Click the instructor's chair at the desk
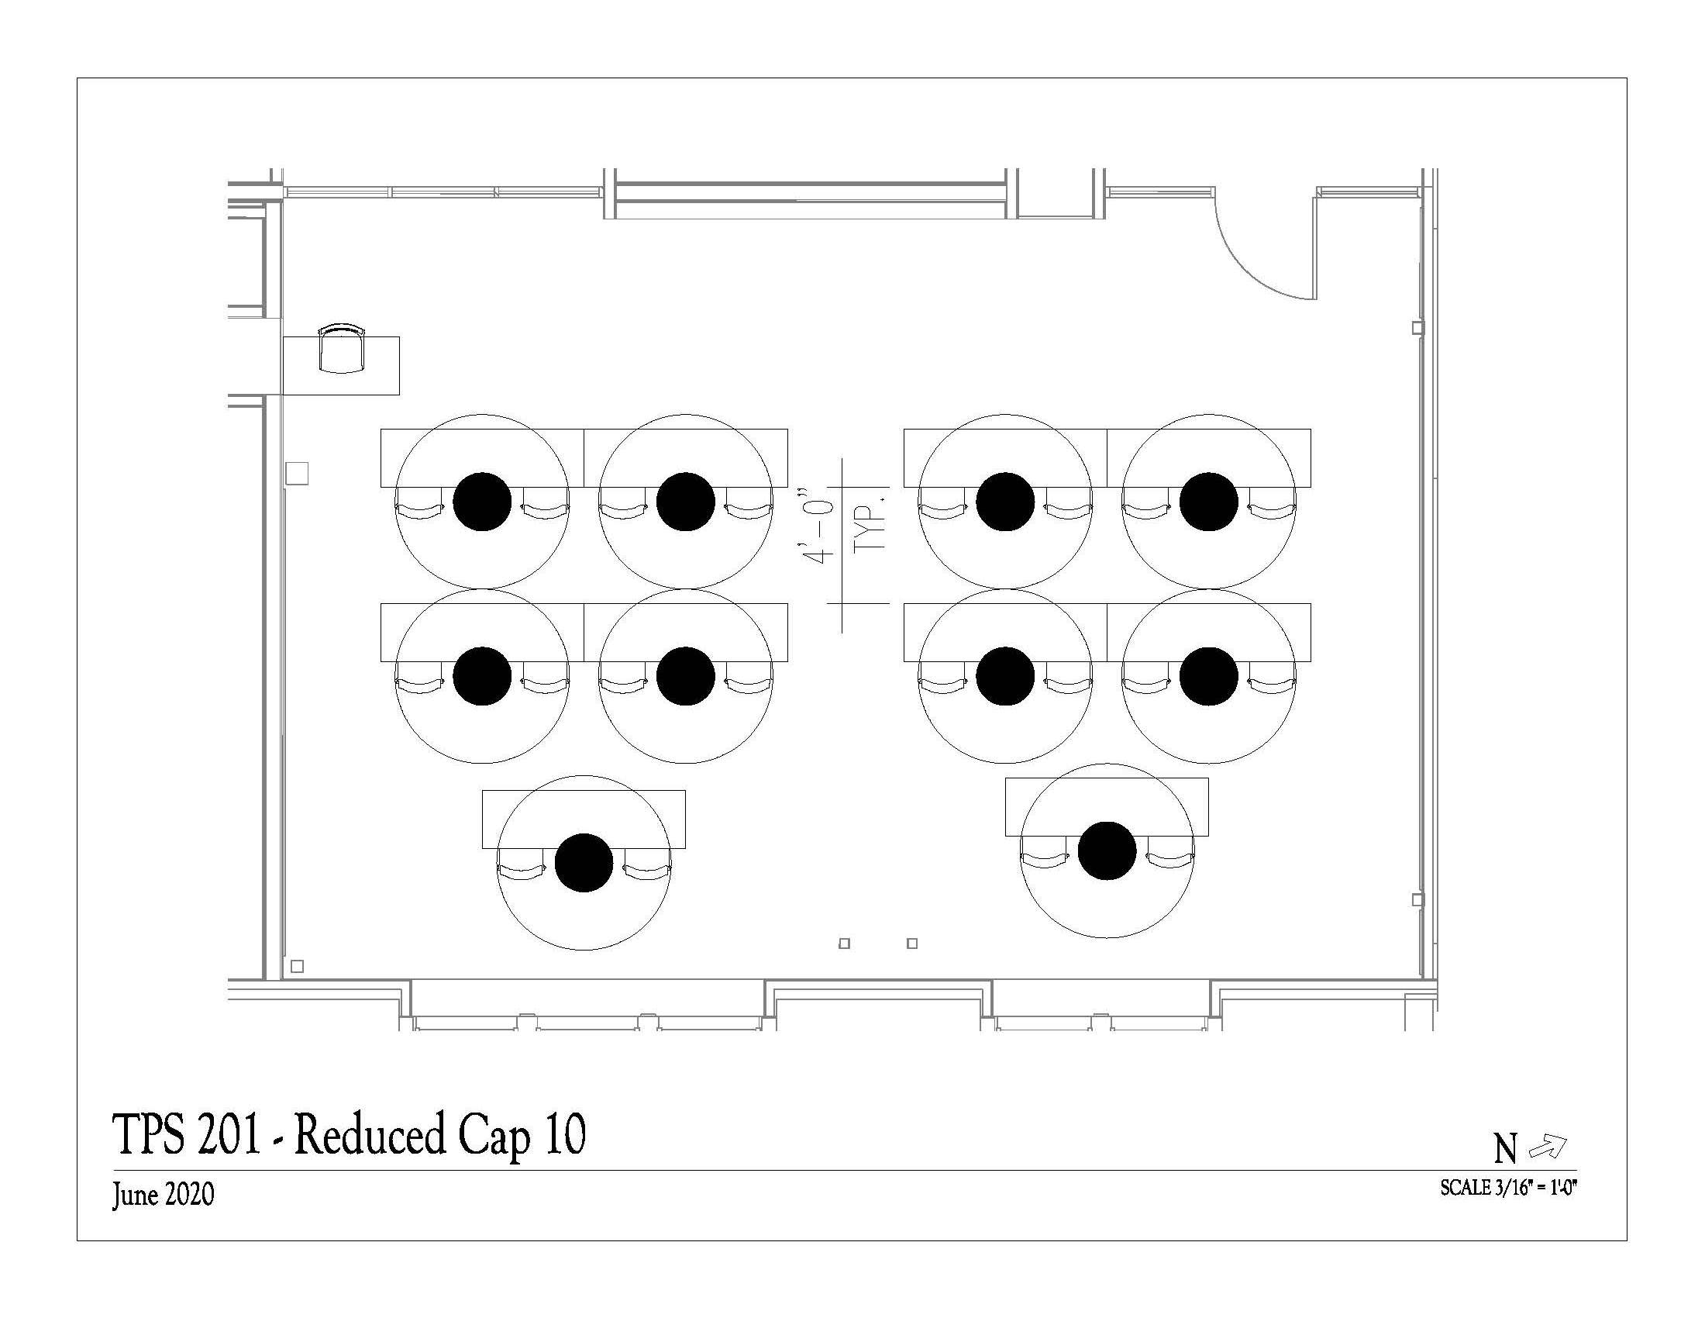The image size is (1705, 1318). pos(342,348)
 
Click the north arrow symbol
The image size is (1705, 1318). pos(1548,1147)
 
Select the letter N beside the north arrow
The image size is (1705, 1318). pos(1506,1149)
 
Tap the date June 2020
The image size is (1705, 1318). pos(164,1196)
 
